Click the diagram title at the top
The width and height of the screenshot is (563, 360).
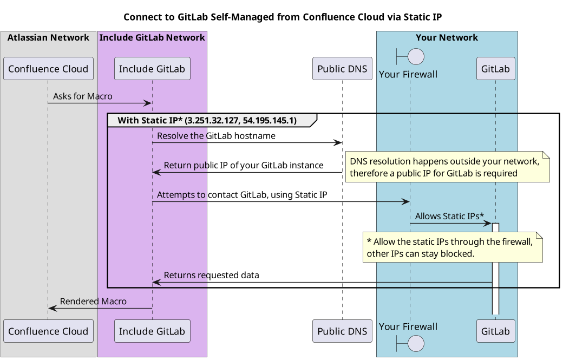(283, 17)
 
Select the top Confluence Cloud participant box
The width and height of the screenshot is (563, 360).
(48, 69)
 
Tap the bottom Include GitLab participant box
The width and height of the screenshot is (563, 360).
(152, 331)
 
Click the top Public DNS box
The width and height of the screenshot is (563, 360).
(342, 69)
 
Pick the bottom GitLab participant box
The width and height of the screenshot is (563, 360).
(495, 331)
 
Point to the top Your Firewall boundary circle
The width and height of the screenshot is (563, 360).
(415, 56)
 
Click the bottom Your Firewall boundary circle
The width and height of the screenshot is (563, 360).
(415, 343)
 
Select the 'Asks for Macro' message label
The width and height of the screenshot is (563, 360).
(83, 96)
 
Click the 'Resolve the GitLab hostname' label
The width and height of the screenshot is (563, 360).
(216, 136)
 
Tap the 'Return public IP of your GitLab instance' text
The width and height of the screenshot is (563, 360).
(244, 165)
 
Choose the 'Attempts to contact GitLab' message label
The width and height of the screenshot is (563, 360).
(242, 195)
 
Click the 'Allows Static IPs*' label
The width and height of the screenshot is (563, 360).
(449, 216)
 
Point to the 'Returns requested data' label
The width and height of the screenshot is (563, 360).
(211, 275)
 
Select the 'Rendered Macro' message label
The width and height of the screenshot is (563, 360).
(93, 301)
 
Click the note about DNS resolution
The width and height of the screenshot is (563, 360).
(447, 167)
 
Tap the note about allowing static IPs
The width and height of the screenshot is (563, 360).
(453, 247)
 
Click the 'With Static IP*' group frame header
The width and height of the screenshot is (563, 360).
(207, 120)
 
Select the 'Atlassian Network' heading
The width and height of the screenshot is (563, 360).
(48, 37)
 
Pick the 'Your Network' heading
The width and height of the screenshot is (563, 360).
(447, 37)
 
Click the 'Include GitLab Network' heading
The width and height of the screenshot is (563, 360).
(152, 37)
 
